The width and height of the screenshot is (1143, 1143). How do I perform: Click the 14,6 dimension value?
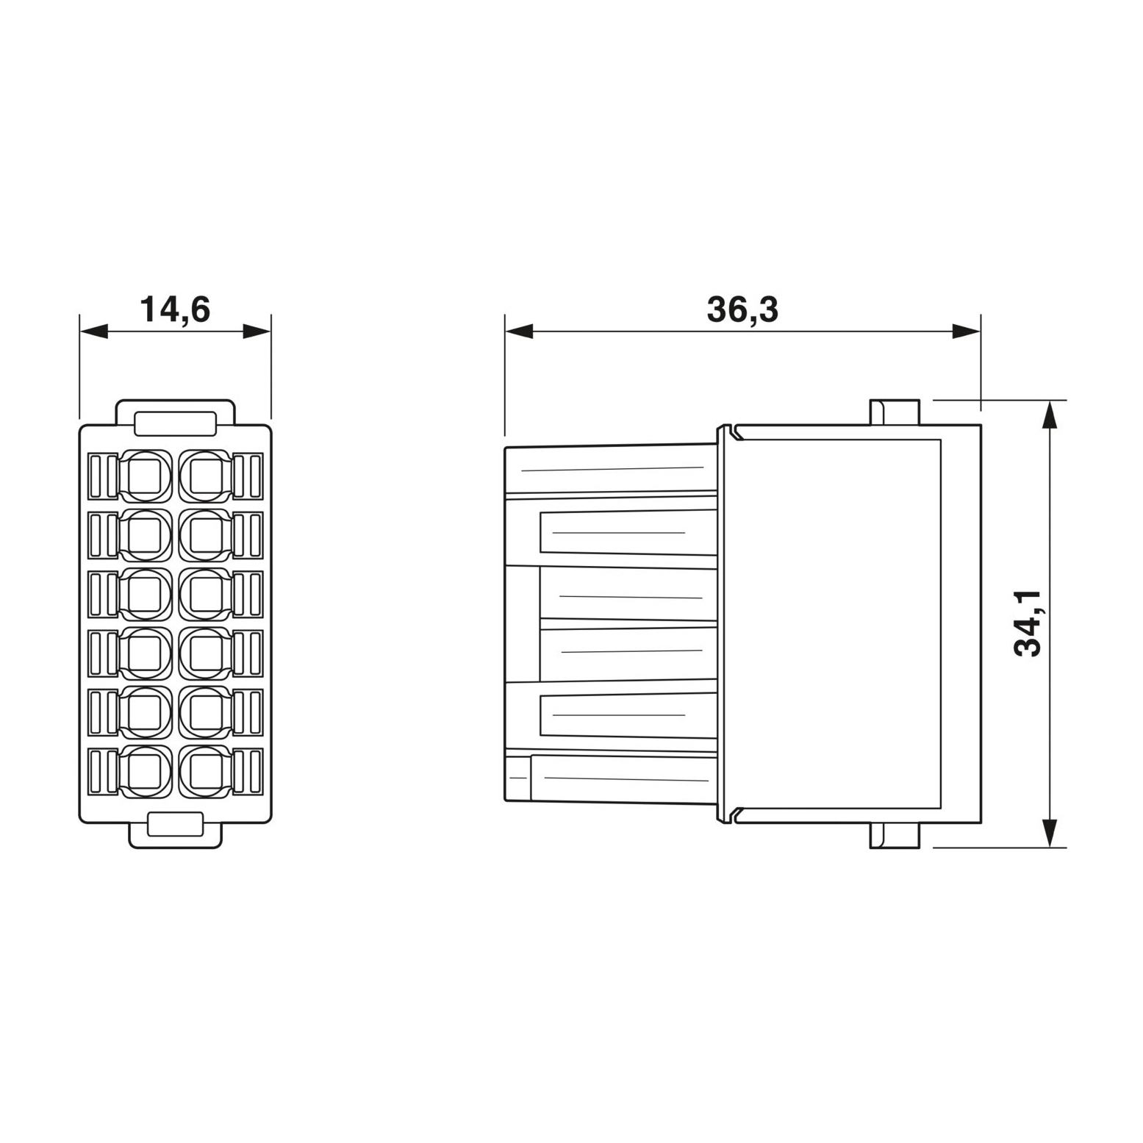[175, 309]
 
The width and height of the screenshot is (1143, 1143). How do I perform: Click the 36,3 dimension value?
[742, 309]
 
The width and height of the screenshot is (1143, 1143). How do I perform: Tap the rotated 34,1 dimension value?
[1028, 623]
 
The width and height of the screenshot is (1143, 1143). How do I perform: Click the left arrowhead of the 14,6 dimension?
[93, 332]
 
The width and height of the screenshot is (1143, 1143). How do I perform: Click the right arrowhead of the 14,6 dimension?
[257, 332]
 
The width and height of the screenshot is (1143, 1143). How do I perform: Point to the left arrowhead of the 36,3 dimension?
[519, 332]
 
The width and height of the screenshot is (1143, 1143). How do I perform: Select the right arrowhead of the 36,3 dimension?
[967, 332]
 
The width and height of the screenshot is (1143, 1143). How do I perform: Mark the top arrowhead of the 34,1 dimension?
[1052, 415]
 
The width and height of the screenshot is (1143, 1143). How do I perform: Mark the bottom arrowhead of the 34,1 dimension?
[1052, 834]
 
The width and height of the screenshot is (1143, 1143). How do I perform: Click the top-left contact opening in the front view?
[146, 476]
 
